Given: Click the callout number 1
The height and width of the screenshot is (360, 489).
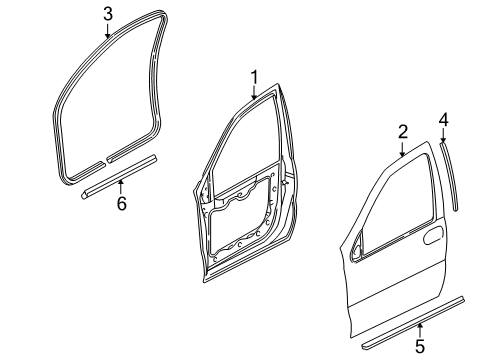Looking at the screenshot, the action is [254, 75].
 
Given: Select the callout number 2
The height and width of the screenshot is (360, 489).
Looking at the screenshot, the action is [402, 131].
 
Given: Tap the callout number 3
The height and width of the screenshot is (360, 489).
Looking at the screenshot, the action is [108, 13].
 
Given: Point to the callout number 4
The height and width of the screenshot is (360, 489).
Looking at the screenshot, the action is [442, 121].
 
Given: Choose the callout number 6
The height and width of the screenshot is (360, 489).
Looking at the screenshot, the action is [121, 204].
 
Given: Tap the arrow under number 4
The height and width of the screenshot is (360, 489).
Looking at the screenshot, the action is [442, 137].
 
